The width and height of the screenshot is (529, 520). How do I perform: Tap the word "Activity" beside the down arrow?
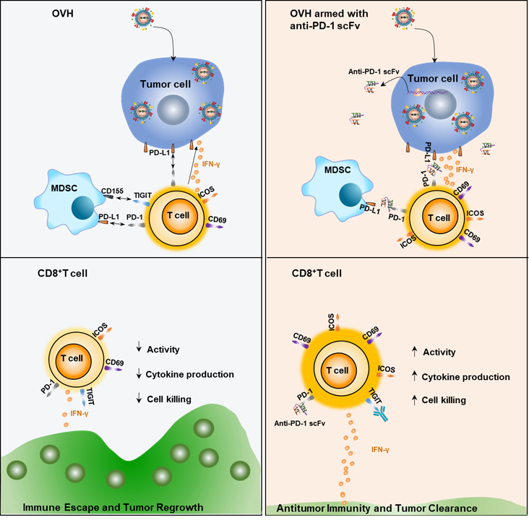163,350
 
